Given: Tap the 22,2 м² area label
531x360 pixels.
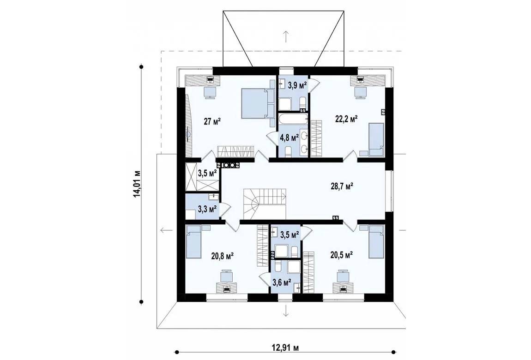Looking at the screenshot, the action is [346, 119].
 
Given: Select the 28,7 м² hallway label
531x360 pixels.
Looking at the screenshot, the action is [342, 186].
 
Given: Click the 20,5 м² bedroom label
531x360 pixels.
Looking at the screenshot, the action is [342, 255].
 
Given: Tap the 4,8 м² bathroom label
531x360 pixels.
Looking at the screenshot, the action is [289, 138].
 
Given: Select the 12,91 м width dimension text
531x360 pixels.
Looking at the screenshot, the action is [285, 348].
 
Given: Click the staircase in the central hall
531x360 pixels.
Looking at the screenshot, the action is [265, 204].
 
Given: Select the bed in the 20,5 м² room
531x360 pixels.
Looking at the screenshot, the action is [376, 241].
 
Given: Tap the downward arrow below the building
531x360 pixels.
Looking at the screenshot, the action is [286, 310].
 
